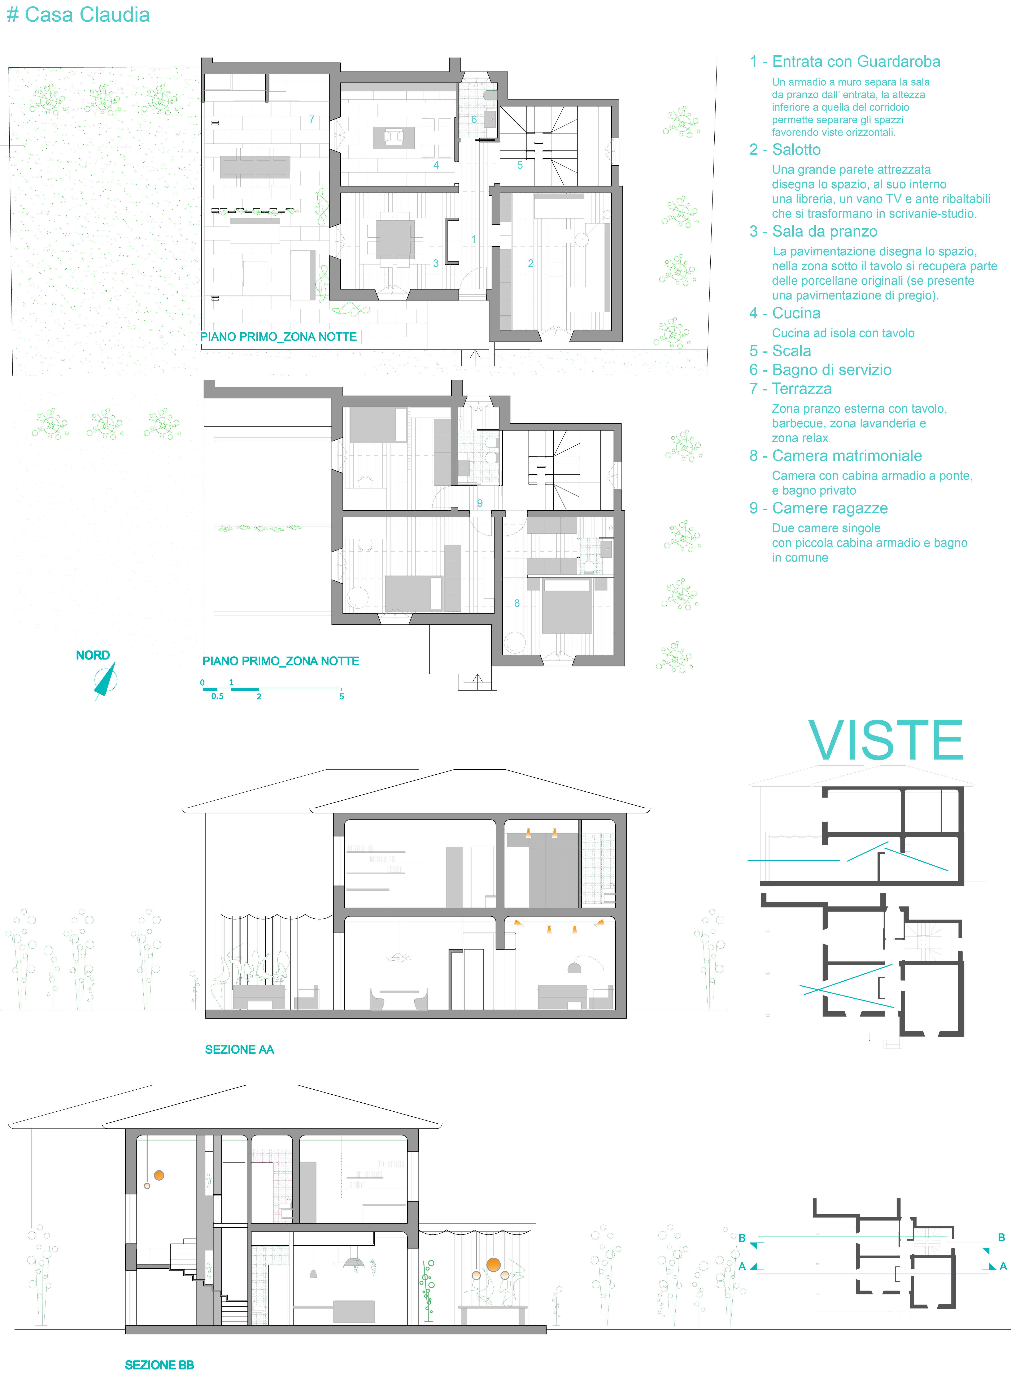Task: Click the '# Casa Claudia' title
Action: [78, 15]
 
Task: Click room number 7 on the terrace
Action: [311, 119]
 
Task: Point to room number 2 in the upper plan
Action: [531, 263]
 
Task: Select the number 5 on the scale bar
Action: [341, 697]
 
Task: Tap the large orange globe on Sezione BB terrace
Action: [493, 1265]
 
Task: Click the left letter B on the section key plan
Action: [742, 1238]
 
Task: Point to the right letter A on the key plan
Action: [1003, 1266]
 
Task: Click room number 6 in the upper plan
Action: [474, 119]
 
